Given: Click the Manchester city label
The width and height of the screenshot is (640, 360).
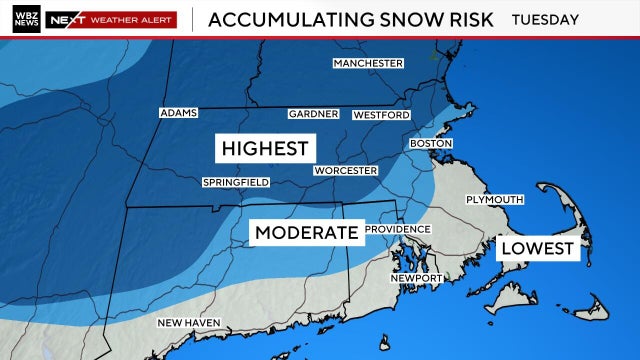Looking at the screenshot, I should click(x=368, y=63).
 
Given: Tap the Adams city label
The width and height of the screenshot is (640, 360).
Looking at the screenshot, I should click(x=179, y=113).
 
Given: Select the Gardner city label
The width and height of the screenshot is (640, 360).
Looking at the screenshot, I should click(x=313, y=114).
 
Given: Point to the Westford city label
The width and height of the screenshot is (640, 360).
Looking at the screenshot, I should click(x=381, y=115).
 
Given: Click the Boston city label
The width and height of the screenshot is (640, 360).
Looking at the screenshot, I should click(x=431, y=144).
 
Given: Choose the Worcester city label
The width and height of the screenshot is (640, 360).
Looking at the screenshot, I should click(x=345, y=171).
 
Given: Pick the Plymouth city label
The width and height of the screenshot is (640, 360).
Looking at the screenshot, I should click(x=494, y=200).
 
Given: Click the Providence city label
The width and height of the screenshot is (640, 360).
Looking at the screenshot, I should click(x=397, y=229).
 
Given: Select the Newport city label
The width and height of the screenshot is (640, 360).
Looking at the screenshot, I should click(x=415, y=277).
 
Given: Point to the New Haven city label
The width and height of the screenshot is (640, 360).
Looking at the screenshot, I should click(x=189, y=322).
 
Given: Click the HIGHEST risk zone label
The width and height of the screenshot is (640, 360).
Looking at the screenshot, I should click(x=265, y=149).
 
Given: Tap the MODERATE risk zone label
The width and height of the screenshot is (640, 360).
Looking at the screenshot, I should click(x=306, y=233).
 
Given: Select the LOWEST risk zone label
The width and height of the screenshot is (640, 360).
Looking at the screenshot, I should click(x=538, y=248).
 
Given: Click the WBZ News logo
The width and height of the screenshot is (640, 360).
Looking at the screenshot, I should click(x=27, y=19).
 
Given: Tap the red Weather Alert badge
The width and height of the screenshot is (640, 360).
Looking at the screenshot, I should click(x=113, y=19).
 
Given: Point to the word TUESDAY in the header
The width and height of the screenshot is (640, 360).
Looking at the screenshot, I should click(x=545, y=19).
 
